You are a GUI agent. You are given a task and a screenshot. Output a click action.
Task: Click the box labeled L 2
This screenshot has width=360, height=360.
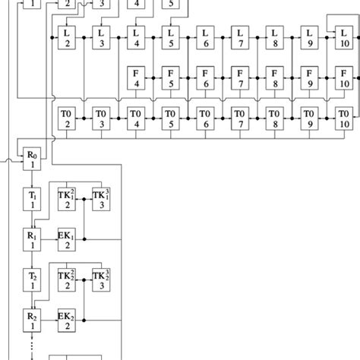(x=67, y=37)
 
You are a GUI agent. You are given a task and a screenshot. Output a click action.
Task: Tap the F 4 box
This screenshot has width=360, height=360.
(x=136, y=77)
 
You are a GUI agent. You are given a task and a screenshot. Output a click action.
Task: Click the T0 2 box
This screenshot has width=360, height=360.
(x=67, y=118)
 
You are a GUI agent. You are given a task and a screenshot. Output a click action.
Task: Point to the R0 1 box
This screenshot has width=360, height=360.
(x=32, y=159)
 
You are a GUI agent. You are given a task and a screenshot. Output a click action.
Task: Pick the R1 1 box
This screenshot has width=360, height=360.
(x=32, y=241)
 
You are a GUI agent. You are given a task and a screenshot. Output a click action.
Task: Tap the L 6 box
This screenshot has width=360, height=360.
(x=204, y=37)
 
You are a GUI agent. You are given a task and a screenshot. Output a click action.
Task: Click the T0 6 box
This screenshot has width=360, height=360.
(x=204, y=118)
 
